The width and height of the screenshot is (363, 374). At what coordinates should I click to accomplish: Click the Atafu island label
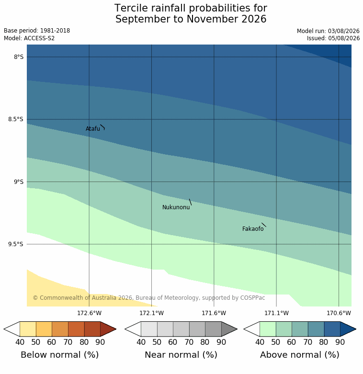pyautogui.click(x=93, y=129)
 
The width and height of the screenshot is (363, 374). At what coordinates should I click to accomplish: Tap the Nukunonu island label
pyautogui.click(x=176, y=207)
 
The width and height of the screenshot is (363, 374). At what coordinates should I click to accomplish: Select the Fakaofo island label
pyautogui.click(x=253, y=229)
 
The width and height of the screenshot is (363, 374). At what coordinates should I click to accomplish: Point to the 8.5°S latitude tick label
pyautogui.click(x=16, y=119)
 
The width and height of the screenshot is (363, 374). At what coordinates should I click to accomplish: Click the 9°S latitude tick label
pyautogui.click(x=19, y=182)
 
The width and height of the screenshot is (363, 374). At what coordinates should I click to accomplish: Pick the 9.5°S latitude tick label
pyautogui.click(x=16, y=244)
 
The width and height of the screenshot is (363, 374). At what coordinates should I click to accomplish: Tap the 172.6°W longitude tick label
pyautogui.click(x=89, y=313)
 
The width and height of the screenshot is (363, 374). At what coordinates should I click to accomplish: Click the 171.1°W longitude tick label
pyautogui.click(x=276, y=313)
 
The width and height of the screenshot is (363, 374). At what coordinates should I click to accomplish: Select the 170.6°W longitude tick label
pyautogui.click(x=339, y=313)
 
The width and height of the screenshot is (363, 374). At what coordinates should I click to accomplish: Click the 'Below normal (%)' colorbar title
pyautogui.click(x=60, y=355)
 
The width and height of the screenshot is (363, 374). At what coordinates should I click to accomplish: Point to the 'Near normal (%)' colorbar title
pyautogui.click(x=181, y=355)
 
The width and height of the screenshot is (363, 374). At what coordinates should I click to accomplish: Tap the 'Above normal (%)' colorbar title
pyautogui.click(x=300, y=355)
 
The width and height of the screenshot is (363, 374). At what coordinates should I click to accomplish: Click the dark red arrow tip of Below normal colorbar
pyautogui.click(x=116, y=329)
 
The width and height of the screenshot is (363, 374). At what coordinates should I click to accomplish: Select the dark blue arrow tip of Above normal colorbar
pyautogui.click(x=356, y=329)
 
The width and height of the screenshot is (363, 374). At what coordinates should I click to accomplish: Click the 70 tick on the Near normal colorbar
pyautogui.click(x=189, y=342)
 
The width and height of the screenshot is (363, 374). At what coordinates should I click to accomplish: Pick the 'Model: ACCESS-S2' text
pyautogui.click(x=29, y=38)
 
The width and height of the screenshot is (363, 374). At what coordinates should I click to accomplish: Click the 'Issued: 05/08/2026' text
pyautogui.click(x=333, y=38)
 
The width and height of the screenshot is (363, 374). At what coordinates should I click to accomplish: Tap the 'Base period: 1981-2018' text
pyautogui.click(x=37, y=31)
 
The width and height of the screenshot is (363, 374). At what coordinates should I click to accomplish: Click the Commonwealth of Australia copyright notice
pyautogui.click(x=149, y=298)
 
